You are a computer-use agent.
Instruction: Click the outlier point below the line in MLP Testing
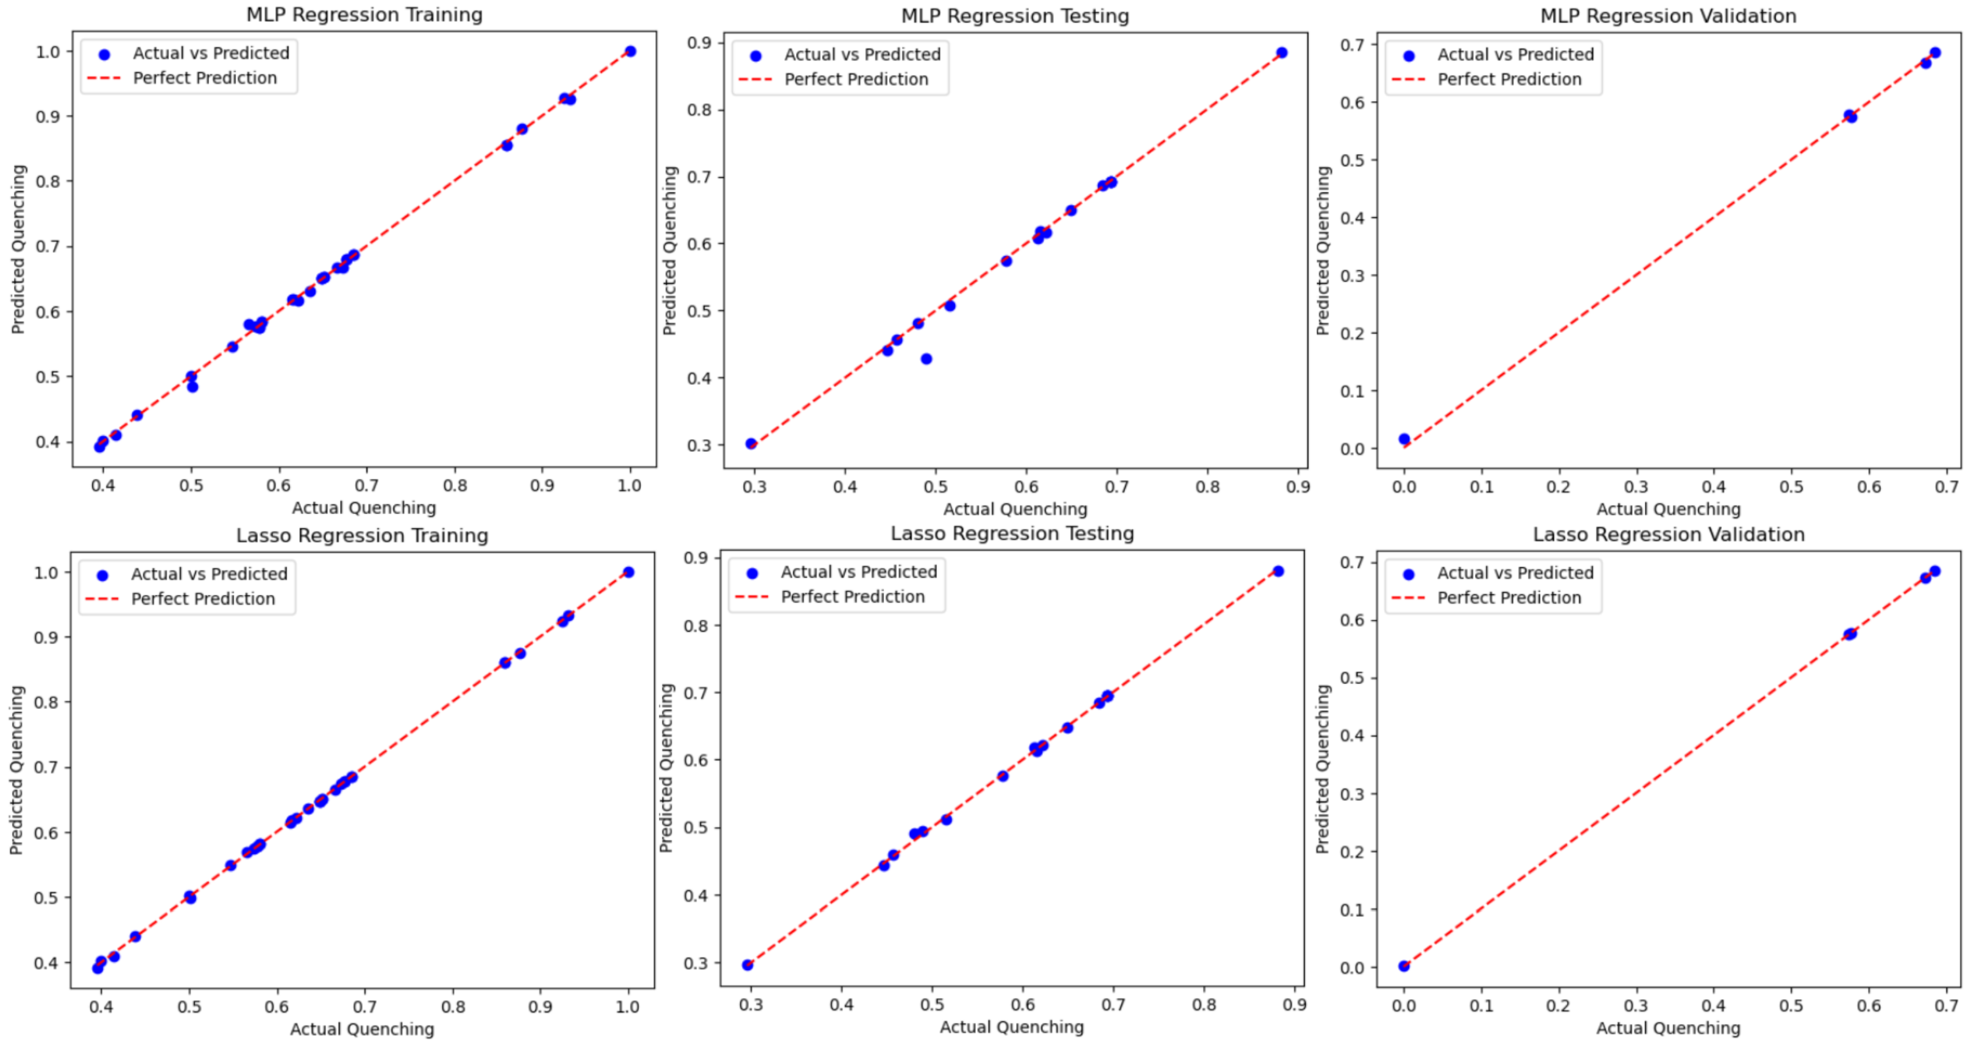926,359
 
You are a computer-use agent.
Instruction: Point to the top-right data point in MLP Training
630,51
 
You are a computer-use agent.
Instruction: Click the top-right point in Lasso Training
628,572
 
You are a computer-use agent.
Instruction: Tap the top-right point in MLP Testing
1281,53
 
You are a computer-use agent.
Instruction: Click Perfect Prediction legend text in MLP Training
204,78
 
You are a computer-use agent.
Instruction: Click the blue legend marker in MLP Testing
755,55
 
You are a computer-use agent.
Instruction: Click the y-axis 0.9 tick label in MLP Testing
699,43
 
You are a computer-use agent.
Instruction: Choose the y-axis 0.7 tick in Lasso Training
46,767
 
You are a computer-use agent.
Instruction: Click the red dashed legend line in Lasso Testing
752,597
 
